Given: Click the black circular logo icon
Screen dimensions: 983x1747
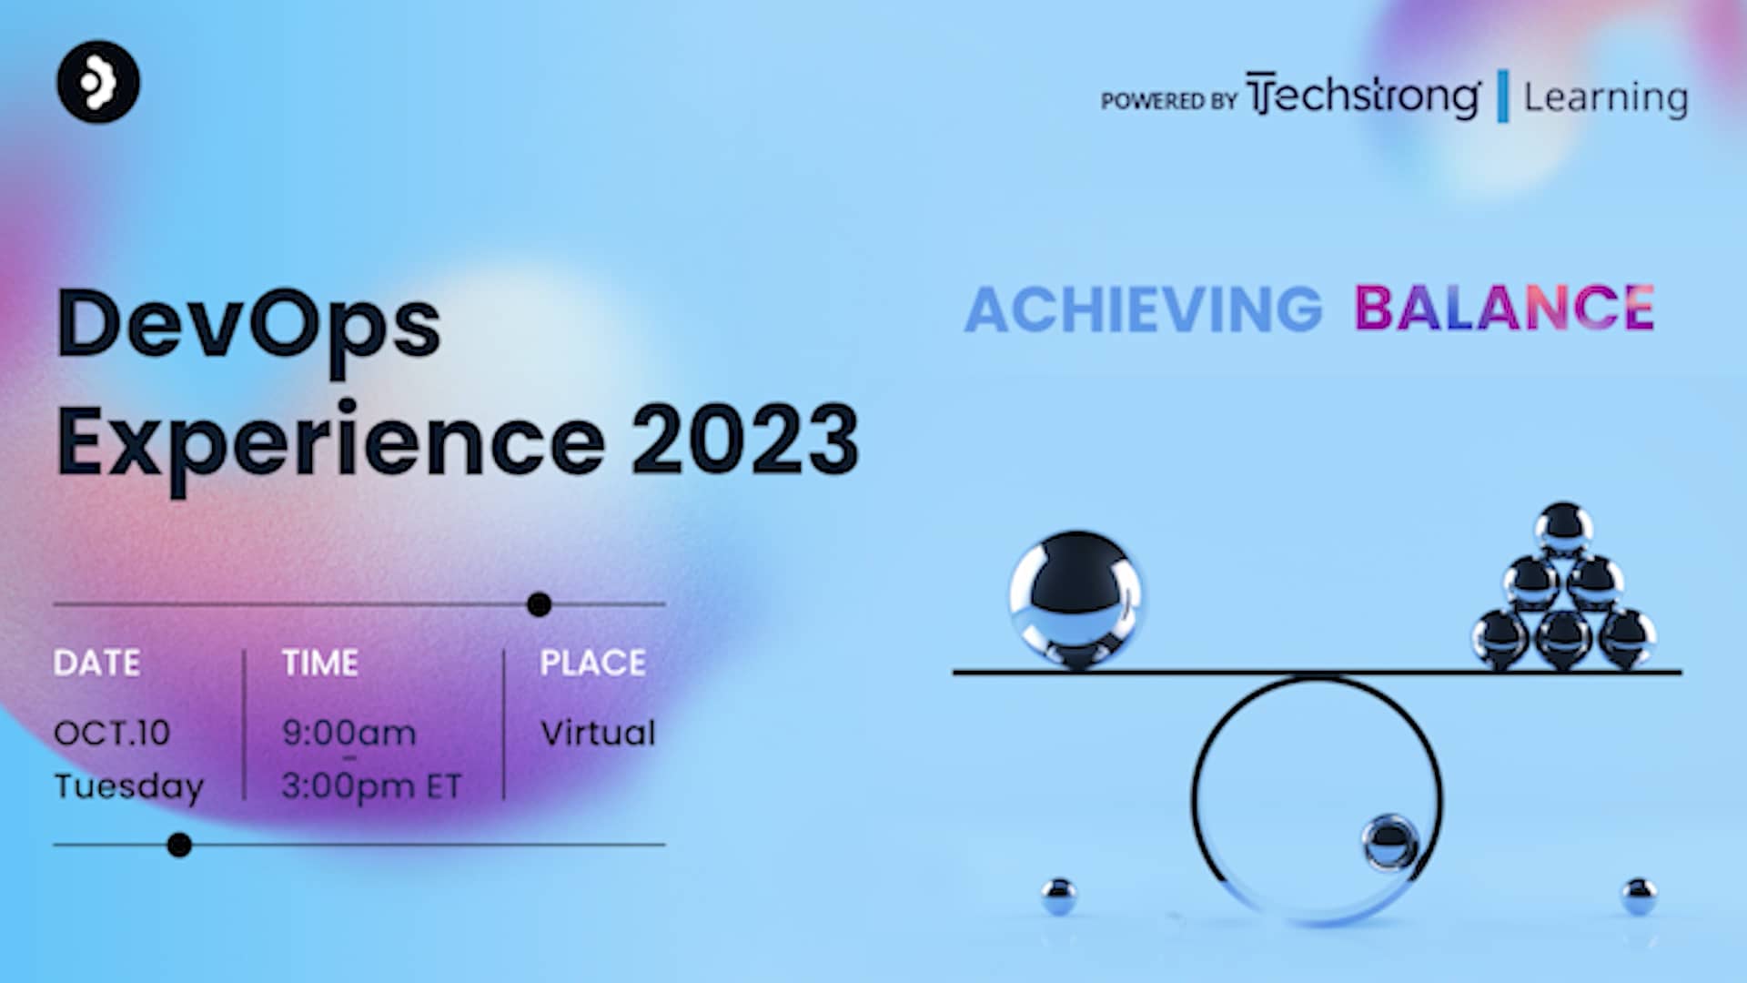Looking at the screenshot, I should pos(98,82).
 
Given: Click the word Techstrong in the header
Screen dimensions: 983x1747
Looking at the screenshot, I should pos(1363,96).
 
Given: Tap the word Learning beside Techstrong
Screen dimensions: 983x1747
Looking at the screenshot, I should pos(1605,97).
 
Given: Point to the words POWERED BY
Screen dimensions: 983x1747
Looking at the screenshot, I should pos(1168,100).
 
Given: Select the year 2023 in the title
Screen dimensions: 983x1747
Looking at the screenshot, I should pos(744,441).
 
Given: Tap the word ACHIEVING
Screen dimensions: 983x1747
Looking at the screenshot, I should pos(1143,309).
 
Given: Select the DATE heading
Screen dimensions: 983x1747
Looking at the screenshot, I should pos(96,663).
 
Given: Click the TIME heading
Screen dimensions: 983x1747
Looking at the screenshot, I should pos(319,663).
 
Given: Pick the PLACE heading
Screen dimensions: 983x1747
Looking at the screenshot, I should pos(592,663).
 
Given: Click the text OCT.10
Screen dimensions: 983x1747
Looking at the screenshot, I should pos(112,733).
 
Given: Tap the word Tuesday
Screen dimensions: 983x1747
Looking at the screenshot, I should pos(128,786).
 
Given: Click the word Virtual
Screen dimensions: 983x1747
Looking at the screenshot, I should pos(597,733).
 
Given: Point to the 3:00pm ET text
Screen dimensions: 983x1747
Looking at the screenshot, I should pos(371,786).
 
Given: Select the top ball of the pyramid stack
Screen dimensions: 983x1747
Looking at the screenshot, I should pos(1562,528).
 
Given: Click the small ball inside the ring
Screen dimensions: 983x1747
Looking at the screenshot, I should pos(1389,841).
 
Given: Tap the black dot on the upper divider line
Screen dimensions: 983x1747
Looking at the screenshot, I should pos(539,604).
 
